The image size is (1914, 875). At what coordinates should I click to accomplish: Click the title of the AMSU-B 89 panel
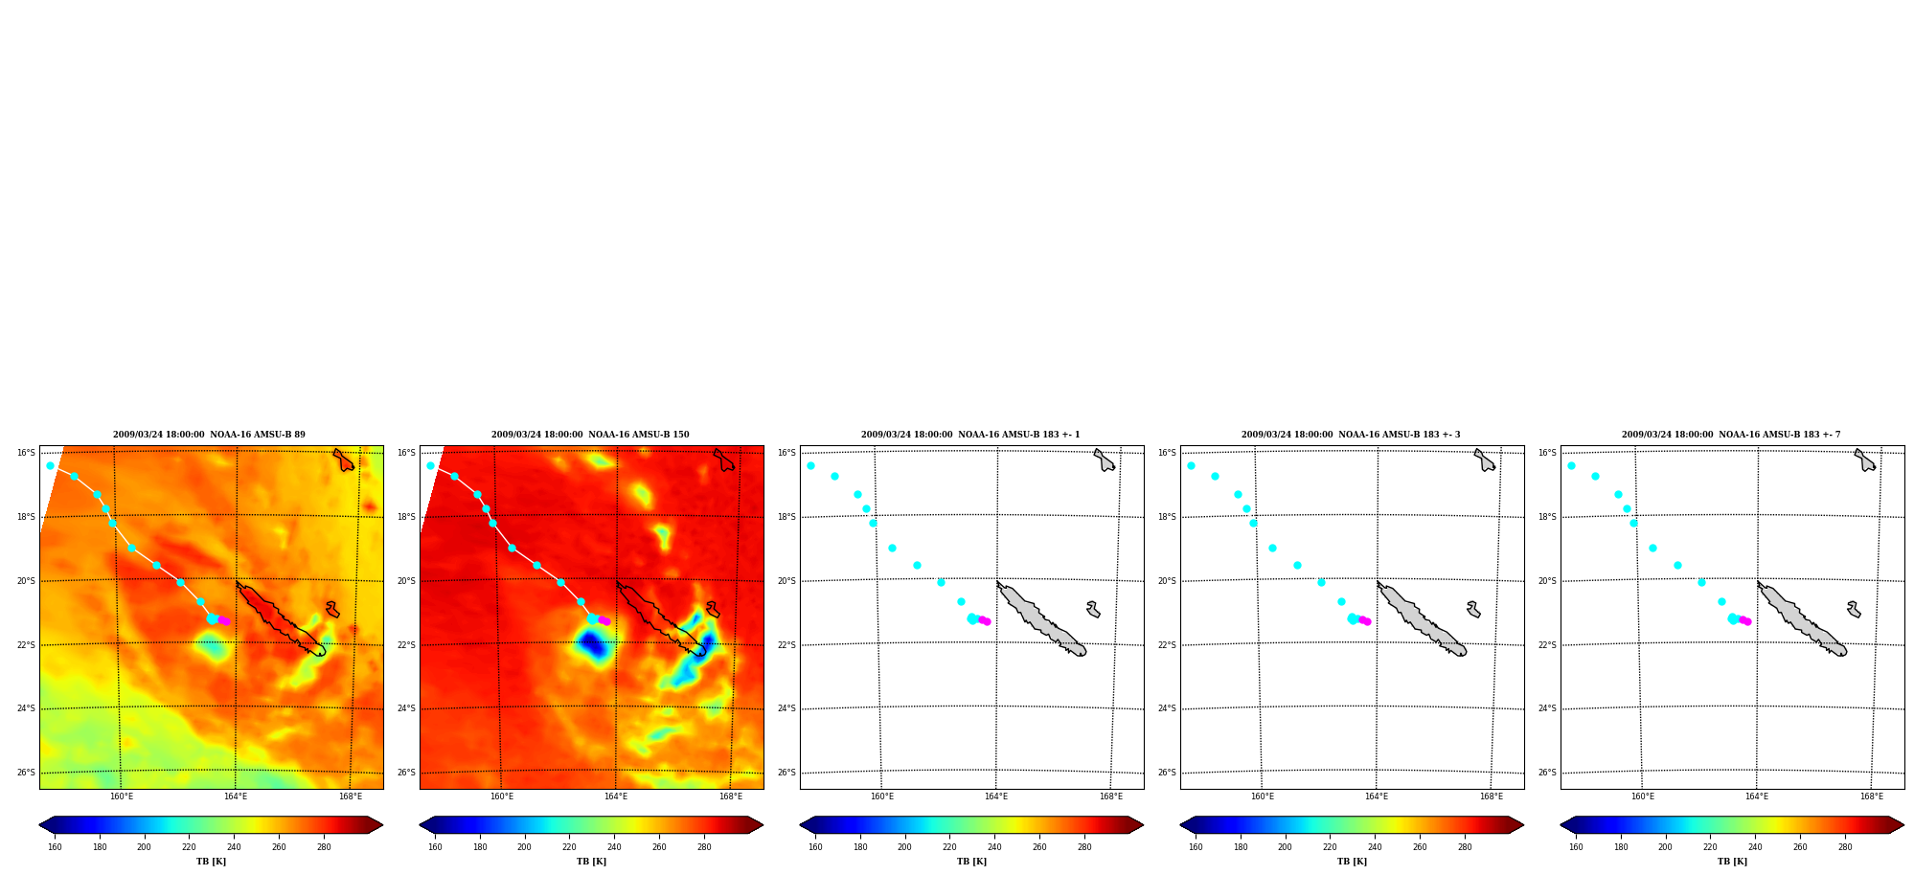tap(209, 435)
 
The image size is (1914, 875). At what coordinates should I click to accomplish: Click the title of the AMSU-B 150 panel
tap(590, 435)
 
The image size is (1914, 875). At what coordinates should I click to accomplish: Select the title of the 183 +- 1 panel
tap(970, 435)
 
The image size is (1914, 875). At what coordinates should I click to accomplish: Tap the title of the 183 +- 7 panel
tap(1731, 435)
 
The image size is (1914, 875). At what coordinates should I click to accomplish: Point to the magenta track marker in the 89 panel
tap(223, 620)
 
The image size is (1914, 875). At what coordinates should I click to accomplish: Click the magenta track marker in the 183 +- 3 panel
tap(1364, 620)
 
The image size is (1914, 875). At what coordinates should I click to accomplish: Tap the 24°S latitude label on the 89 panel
tap(26, 708)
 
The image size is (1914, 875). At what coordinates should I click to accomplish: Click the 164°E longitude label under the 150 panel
tap(616, 796)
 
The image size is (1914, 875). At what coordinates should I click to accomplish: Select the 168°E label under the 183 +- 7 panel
tap(1871, 796)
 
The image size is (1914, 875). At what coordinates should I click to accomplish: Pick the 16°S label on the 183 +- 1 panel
tap(786, 453)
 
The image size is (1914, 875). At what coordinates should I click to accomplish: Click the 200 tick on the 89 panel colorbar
tap(144, 847)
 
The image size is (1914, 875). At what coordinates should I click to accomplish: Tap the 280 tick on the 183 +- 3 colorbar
tap(1465, 847)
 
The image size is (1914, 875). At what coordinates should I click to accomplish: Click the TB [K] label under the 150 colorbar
tap(591, 862)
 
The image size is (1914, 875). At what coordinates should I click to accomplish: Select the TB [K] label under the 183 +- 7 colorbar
tap(1732, 862)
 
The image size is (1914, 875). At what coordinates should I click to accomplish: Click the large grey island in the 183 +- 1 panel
tap(1040, 619)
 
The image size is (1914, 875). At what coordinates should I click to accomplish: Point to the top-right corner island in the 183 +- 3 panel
tap(1485, 460)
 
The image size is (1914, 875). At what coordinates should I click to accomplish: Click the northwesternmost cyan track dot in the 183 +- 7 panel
tap(1571, 465)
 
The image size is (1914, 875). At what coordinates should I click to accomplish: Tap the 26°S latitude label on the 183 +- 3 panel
tap(1167, 773)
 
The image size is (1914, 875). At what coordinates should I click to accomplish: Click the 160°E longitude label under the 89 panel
tap(121, 796)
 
